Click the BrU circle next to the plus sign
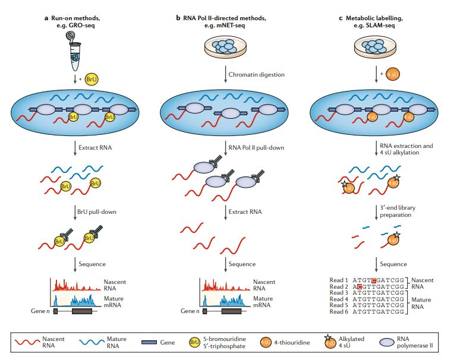[x=92, y=78]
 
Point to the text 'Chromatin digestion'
[x=257, y=75]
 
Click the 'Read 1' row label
[x=340, y=279]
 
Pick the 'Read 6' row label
[x=340, y=311]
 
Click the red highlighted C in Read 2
[x=360, y=286]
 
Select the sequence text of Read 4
[x=379, y=299]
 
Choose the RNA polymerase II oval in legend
[x=389, y=342]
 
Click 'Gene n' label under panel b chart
[x=188, y=311]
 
